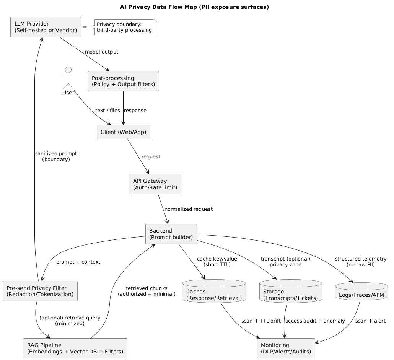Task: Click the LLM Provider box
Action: [x=46, y=27]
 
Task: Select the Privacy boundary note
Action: [x=126, y=27]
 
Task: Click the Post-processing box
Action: [x=123, y=81]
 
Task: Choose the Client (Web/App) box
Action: [x=124, y=132]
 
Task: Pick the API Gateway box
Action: [x=155, y=184]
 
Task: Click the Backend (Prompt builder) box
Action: [x=171, y=234]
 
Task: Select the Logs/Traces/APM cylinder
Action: [x=361, y=293]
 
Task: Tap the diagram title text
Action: [x=194, y=7]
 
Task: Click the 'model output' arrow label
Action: [x=101, y=52]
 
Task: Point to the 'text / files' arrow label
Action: [x=107, y=110]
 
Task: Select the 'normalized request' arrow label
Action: [x=188, y=209]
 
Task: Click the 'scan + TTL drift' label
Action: [x=261, y=321]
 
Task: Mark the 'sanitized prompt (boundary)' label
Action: [x=56, y=156]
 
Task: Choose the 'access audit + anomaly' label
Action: [x=315, y=321]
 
